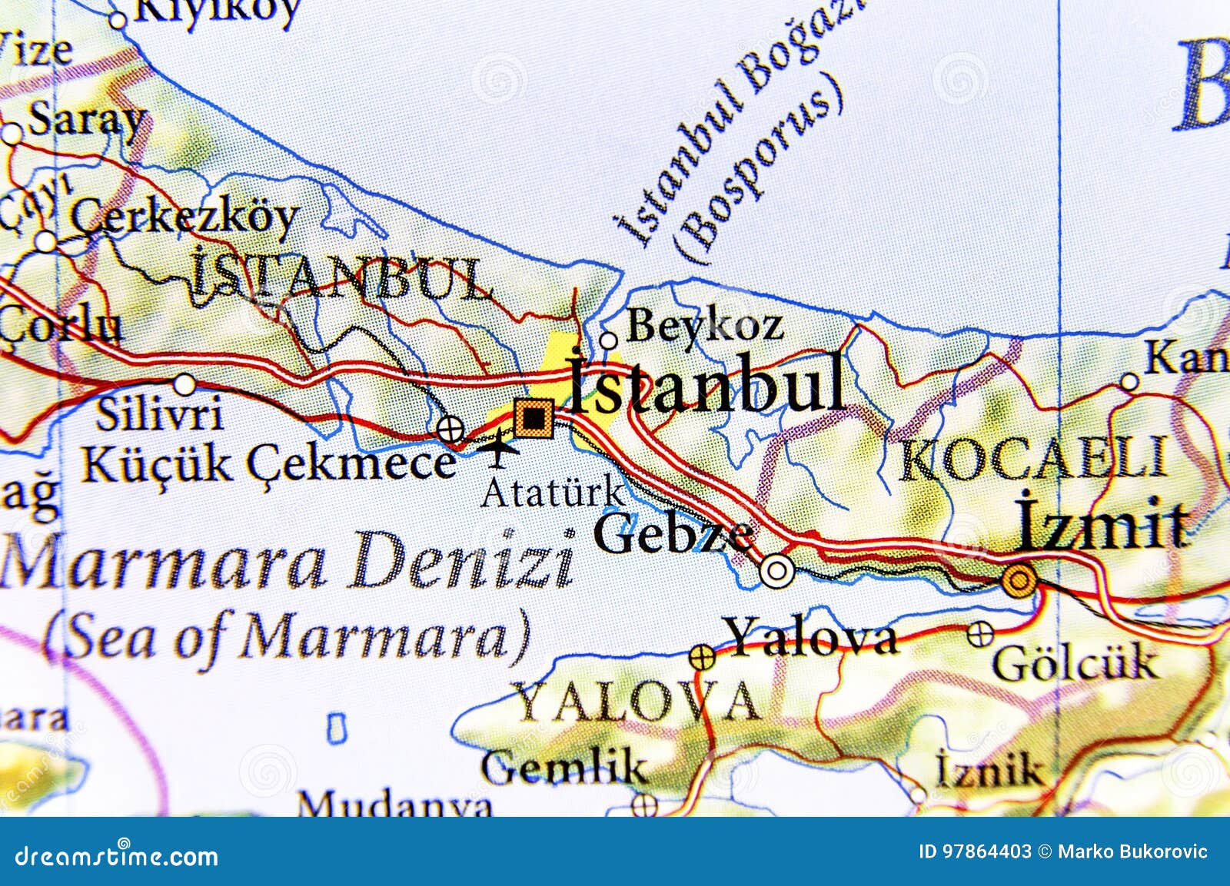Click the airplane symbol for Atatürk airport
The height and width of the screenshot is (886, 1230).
(498, 447)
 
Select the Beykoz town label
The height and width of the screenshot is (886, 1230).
(704, 327)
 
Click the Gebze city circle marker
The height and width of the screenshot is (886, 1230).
(777, 571)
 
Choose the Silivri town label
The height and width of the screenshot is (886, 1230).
(160, 416)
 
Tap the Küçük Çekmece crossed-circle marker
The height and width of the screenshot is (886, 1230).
(449, 428)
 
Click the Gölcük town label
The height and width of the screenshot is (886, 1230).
(1075, 662)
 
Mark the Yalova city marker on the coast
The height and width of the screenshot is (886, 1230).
(701, 657)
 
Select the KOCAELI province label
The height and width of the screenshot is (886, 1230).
(1032, 460)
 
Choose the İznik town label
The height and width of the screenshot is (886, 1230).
(989, 768)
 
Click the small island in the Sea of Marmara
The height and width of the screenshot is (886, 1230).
(336, 728)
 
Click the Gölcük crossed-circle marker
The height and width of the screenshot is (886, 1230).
(979, 634)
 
